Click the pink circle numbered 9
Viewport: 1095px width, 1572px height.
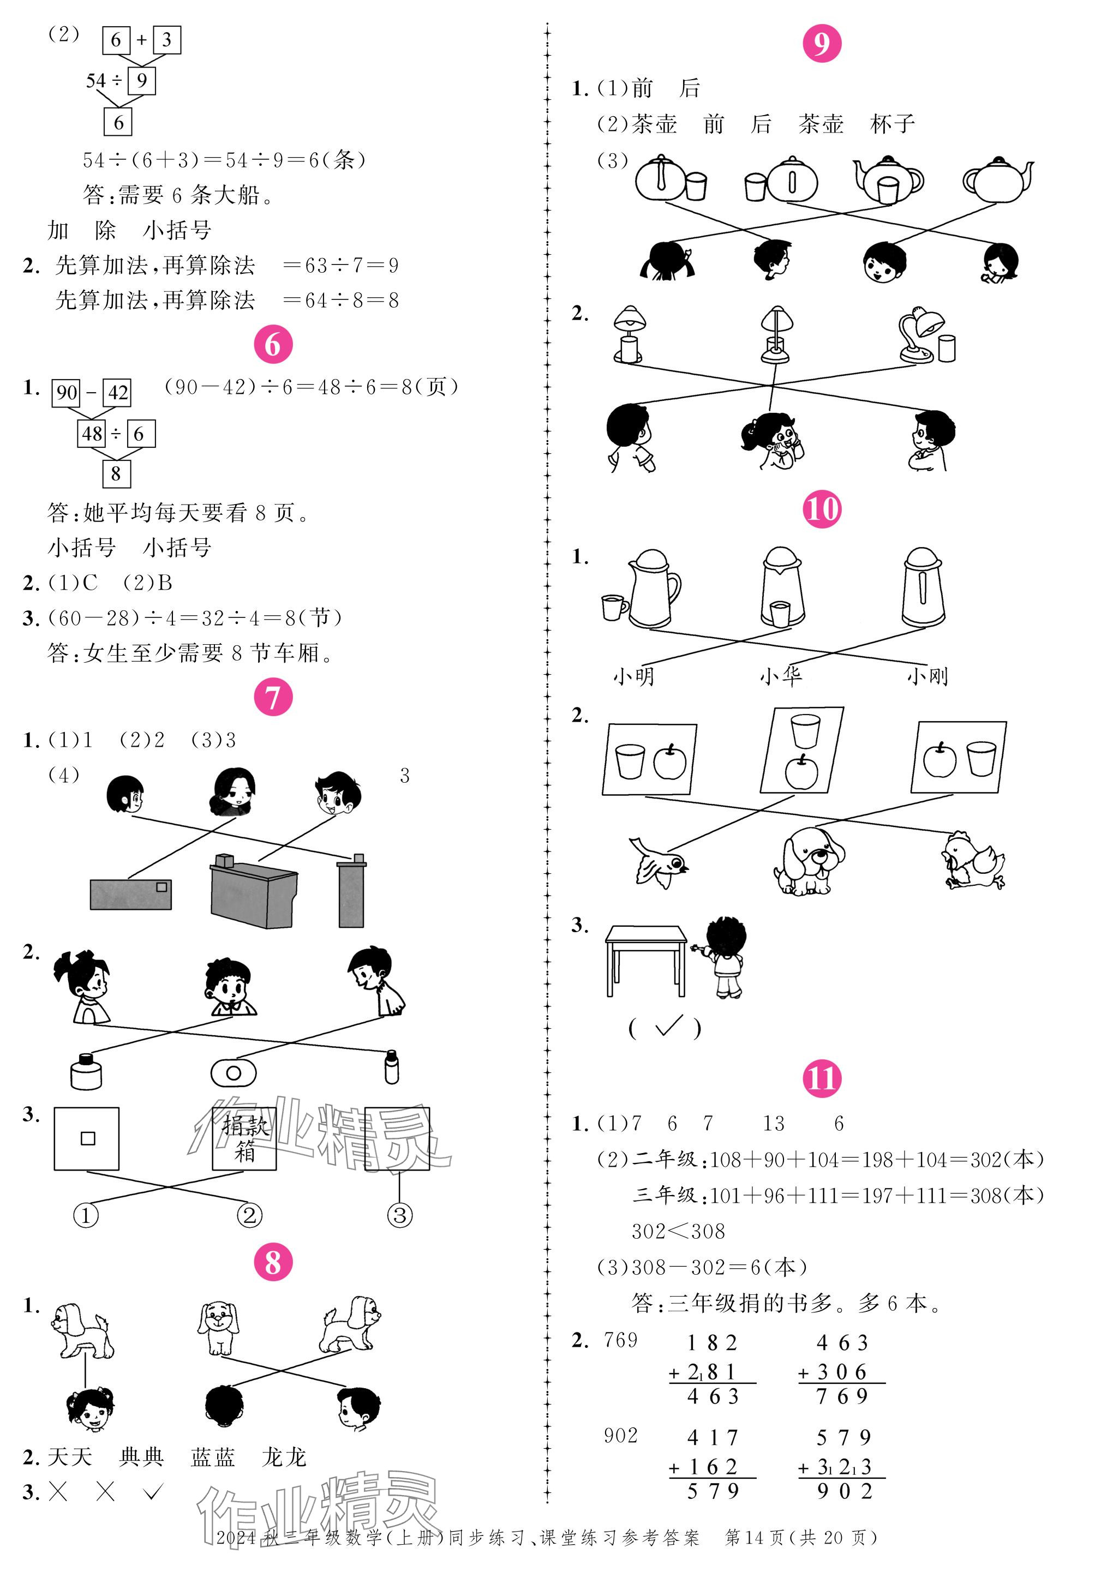pyautogui.click(x=821, y=43)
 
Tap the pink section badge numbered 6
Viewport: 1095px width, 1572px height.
pyautogui.click(x=273, y=344)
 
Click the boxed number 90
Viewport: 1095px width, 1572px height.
pyautogui.click(x=67, y=392)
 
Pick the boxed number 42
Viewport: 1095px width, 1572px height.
pyautogui.click(x=117, y=392)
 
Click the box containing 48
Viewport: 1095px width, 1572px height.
pyautogui.click(x=92, y=434)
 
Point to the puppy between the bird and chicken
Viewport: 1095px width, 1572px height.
pyautogui.click(x=809, y=861)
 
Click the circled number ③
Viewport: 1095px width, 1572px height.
pyautogui.click(x=400, y=1215)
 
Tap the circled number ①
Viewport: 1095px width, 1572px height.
pyautogui.click(x=86, y=1215)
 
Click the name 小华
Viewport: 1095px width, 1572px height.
pyautogui.click(x=781, y=676)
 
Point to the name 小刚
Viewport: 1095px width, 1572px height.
pyautogui.click(x=927, y=676)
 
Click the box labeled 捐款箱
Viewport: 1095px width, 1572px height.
pyautogui.click(x=244, y=1138)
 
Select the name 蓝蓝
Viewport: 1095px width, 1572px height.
pyautogui.click(x=213, y=1457)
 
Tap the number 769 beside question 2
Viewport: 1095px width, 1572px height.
pyautogui.click(x=620, y=1340)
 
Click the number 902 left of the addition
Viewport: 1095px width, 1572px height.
pyautogui.click(x=620, y=1435)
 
